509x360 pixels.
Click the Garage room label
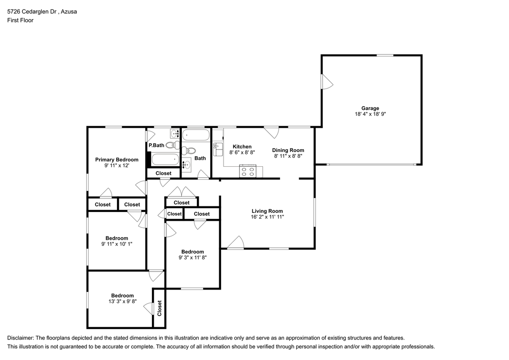tap(370, 108)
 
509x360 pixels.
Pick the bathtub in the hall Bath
tap(196, 135)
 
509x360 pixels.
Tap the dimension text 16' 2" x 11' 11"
tap(267, 217)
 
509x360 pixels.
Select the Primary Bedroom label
tap(117, 160)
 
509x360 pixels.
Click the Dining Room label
tap(288, 150)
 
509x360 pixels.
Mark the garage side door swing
tap(327, 82)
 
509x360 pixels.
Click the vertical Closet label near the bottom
tap(159, 308)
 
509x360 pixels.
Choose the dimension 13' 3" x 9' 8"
tap(122, 302)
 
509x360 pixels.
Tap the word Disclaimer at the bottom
tap(20, 338)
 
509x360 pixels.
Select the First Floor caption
tap(20, 20)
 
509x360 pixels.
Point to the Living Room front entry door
tap(235, 243)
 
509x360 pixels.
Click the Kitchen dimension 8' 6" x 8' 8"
tap(242, 152)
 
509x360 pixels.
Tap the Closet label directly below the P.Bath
tap(163, 173)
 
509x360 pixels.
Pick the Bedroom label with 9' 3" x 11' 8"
tap(192, 251)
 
